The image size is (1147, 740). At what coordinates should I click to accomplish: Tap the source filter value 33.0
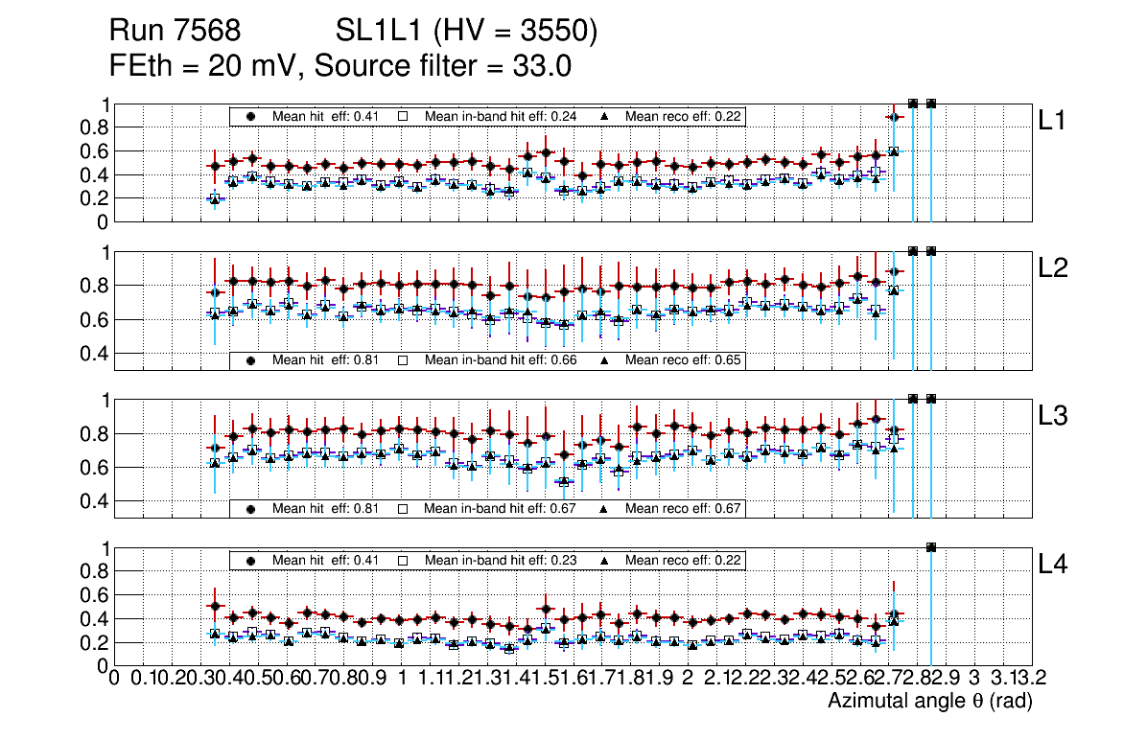click(x=546, y=66)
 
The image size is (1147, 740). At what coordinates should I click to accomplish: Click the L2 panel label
click(x=1054, y=268)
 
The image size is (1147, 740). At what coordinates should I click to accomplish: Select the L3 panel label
click(x=1054, y=416)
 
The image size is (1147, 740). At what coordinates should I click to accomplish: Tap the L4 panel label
click(x=1054, y=565)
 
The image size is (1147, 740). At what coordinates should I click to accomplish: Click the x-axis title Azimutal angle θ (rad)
click(x=929, y=702)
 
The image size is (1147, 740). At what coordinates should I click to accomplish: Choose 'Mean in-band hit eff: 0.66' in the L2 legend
click(x=501, y=360)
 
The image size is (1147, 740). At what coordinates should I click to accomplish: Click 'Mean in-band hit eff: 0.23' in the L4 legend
click(x=500, y=560)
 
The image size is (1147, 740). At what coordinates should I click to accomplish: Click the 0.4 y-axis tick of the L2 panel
click(x=94, y=354)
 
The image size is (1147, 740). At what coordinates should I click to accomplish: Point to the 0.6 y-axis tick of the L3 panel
click(x=94, y=468)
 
